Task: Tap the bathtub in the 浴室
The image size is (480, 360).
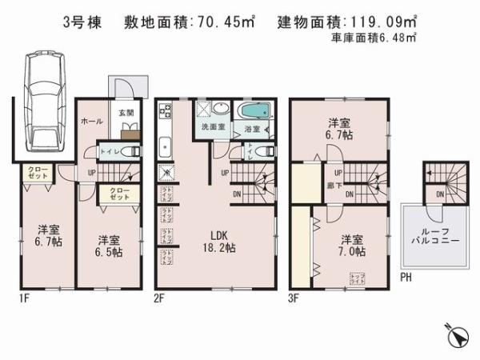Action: point(254,112)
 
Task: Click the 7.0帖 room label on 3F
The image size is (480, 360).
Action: point(350,246)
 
